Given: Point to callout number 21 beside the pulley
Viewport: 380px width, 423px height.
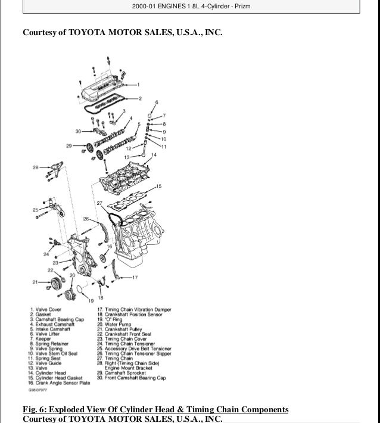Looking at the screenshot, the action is coord(35,281).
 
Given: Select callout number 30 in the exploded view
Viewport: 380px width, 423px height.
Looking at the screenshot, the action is coord(77,131).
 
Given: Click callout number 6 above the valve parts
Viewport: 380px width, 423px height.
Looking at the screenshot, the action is coord(157,102).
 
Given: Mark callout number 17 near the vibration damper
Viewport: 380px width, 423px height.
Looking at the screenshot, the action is coord(136,278).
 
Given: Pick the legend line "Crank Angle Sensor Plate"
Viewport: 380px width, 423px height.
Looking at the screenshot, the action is coord(58,382).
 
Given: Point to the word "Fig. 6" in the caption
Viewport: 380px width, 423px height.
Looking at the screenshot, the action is coord(33,409).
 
